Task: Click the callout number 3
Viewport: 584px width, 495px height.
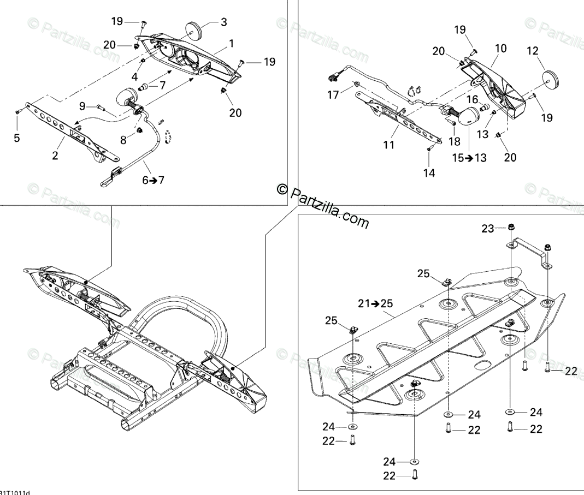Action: tap(223, 22)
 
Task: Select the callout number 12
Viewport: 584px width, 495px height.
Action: tap(532, 51)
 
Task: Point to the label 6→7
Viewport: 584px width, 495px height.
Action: tap(153, 181)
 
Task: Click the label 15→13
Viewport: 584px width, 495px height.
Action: tap(470, 158)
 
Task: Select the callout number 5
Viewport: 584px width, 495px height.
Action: tap(17, 138)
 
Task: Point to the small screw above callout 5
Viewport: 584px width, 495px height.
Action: tap(17, 111)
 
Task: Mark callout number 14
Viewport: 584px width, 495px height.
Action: tap(428, 173)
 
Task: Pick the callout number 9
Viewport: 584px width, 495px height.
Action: tap(82, 105)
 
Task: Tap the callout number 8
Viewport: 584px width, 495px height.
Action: tap(123, 140)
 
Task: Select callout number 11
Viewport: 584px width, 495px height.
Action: tap(388, 145)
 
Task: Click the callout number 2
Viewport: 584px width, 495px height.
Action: tap(55, 156)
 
